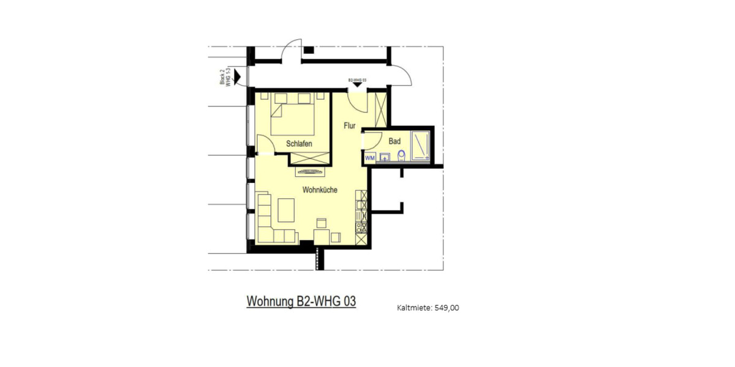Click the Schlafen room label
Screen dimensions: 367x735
point(300,144)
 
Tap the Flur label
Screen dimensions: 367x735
point(350,125)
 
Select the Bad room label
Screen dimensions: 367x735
point(394,141)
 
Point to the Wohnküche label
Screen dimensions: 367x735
point(320,190)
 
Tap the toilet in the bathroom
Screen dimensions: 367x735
point(401,156)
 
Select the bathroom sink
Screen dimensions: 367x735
point(385,158)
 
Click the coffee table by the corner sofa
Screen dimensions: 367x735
point(287,210)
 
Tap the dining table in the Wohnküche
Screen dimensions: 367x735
point(321,236)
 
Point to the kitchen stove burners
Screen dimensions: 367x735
point(361,226)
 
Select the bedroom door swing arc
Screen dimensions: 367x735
point(265,146)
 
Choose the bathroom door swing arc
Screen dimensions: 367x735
point(374,139)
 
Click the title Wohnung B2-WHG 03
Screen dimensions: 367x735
point(301,302)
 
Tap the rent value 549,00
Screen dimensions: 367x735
point(447,308)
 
